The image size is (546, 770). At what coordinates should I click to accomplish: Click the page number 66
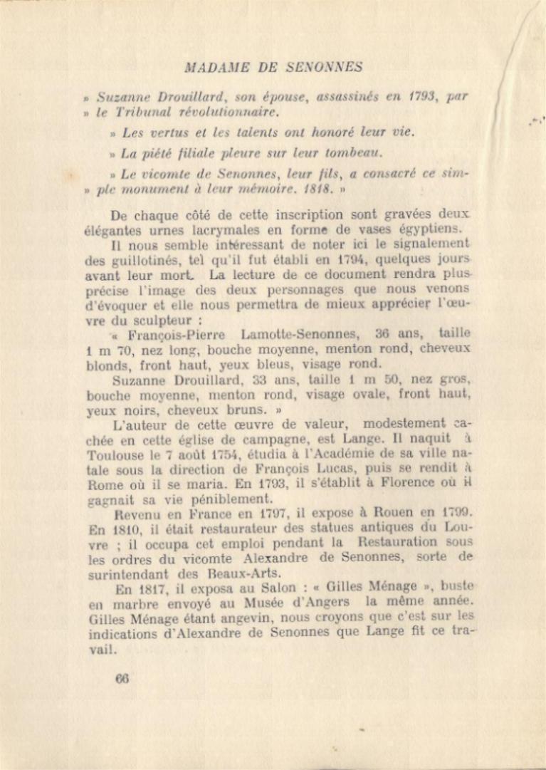(122, 679)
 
